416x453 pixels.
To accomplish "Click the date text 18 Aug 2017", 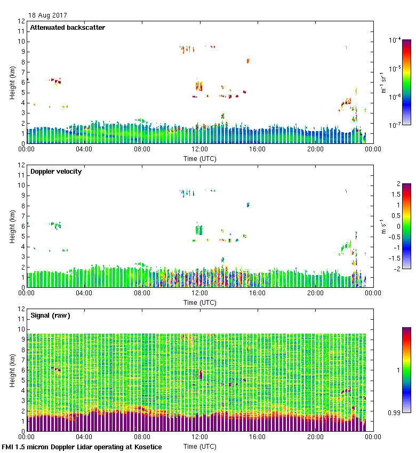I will click(x=48, y=15).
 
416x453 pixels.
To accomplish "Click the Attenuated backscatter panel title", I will click(x=67, y=28).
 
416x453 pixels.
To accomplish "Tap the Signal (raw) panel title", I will click(x=50, y=316).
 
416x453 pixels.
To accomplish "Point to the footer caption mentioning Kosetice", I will click(x=82, y=447).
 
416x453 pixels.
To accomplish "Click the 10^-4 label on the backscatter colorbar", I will click(x=395, y=41).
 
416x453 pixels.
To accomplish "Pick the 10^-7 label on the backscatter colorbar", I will click(x=395, y=125).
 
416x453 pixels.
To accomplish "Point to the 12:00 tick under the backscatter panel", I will click(x=200, y=150).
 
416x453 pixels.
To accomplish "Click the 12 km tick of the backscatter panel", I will click(x=21, y=21).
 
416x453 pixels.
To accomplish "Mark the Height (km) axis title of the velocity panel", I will click(x=12, y=226).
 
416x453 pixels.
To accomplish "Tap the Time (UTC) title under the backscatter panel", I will click(x=200, y=158).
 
